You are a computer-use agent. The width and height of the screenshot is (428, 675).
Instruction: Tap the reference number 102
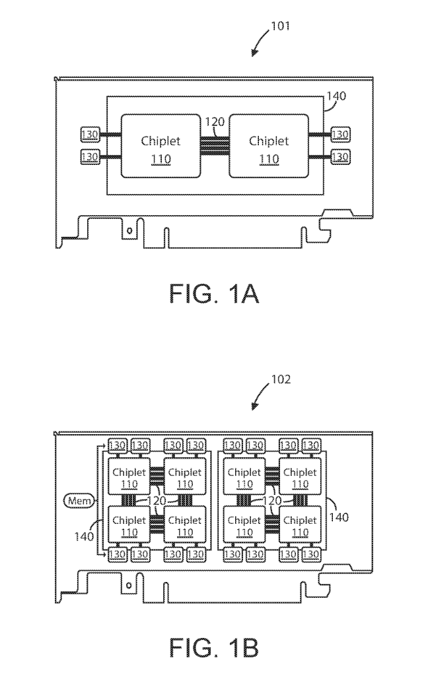279,381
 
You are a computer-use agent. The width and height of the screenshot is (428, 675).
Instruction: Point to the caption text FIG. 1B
213,647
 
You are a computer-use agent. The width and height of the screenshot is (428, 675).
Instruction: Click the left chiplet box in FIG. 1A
160,146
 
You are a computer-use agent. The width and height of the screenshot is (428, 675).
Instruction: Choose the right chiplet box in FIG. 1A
268,146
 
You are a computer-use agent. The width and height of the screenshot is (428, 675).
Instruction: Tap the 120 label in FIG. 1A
215,123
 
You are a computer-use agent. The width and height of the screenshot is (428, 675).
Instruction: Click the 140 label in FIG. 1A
336,96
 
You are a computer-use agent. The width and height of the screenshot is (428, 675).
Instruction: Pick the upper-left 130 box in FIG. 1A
90,135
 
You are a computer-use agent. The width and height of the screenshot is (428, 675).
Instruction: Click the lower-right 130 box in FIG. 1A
340,157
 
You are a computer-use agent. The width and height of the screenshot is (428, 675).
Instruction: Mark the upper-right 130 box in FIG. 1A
340,135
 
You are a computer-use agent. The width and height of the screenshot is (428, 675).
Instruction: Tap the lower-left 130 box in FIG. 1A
90,157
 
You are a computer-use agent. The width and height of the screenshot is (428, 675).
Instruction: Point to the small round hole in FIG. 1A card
129,230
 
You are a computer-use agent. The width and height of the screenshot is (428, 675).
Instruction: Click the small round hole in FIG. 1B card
129,585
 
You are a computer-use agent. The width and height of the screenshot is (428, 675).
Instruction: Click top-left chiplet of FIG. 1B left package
129,478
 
